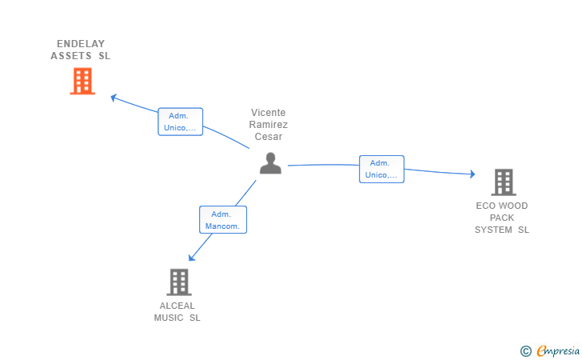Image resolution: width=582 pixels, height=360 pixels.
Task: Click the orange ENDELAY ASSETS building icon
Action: tap(82, 82)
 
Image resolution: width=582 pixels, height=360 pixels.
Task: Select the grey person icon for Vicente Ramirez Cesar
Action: tap(271, 163)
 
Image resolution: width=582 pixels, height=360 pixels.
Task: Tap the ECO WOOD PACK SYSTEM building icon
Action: tap(503, 182)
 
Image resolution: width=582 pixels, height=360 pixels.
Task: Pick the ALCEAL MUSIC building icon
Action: tap(179, 282)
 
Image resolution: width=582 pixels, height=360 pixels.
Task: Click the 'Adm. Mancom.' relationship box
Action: tap(223, 220)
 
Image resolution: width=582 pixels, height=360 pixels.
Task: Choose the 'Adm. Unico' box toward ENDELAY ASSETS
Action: tap(180, 122)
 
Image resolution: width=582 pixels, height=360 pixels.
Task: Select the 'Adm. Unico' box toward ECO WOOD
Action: tap(381, 169)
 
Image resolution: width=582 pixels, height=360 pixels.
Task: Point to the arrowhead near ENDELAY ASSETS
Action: tap(114, 98)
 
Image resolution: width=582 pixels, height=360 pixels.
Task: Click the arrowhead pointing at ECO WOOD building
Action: tap(472, 174)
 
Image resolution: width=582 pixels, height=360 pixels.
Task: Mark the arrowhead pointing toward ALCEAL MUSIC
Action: tap(191, 257)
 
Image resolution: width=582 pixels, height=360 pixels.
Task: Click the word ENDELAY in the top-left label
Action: tap(81, 44)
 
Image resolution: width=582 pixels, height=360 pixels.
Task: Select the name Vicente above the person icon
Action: tap(268, 113)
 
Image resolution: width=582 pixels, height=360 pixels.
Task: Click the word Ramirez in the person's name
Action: tap(268, 125)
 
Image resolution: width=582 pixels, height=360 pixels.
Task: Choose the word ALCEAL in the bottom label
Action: tap(177, 306)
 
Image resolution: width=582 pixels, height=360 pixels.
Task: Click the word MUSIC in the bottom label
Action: tap(169, 318)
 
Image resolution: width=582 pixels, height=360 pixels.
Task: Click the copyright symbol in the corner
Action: tap(525, 350)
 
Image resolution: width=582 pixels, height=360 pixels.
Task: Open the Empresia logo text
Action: tap(558, 350)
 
